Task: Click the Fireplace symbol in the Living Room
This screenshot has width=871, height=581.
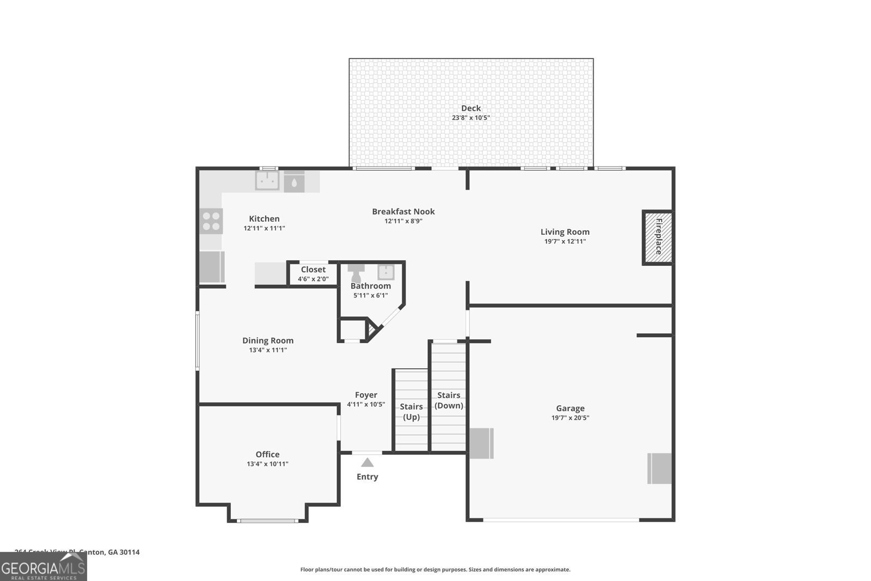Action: tap(658, 237)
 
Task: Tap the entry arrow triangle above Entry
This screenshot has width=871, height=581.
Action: tap(367, 462)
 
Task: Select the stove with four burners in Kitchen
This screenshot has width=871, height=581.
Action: tap(211, 221)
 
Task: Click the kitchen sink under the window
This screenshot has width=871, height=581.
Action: tap(267, 181)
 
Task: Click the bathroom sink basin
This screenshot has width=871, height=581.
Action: tap(386, 272)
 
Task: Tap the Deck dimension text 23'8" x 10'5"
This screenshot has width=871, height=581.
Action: tap(471, 118)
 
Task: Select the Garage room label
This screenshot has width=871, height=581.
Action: tap(570, 408)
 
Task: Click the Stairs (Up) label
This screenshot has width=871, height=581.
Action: tap(411, 412)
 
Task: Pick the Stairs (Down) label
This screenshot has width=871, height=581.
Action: tap(449, 400)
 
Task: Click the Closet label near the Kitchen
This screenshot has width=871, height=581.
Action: tap(313, 270)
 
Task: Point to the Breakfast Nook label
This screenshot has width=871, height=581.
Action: tap(403, 211)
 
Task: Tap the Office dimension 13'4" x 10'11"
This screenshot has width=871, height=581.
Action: tap(267, 464)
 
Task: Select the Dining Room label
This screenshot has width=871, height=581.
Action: tap(268, 340)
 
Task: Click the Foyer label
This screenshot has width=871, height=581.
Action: tap(366, 395)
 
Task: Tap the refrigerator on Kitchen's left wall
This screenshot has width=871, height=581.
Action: tap(211, 267)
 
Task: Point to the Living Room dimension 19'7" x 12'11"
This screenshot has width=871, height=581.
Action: tap(565, 241)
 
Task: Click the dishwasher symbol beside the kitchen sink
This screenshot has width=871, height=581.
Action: tap(294, 181)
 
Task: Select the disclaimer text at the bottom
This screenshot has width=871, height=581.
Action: tap(435, 570)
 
